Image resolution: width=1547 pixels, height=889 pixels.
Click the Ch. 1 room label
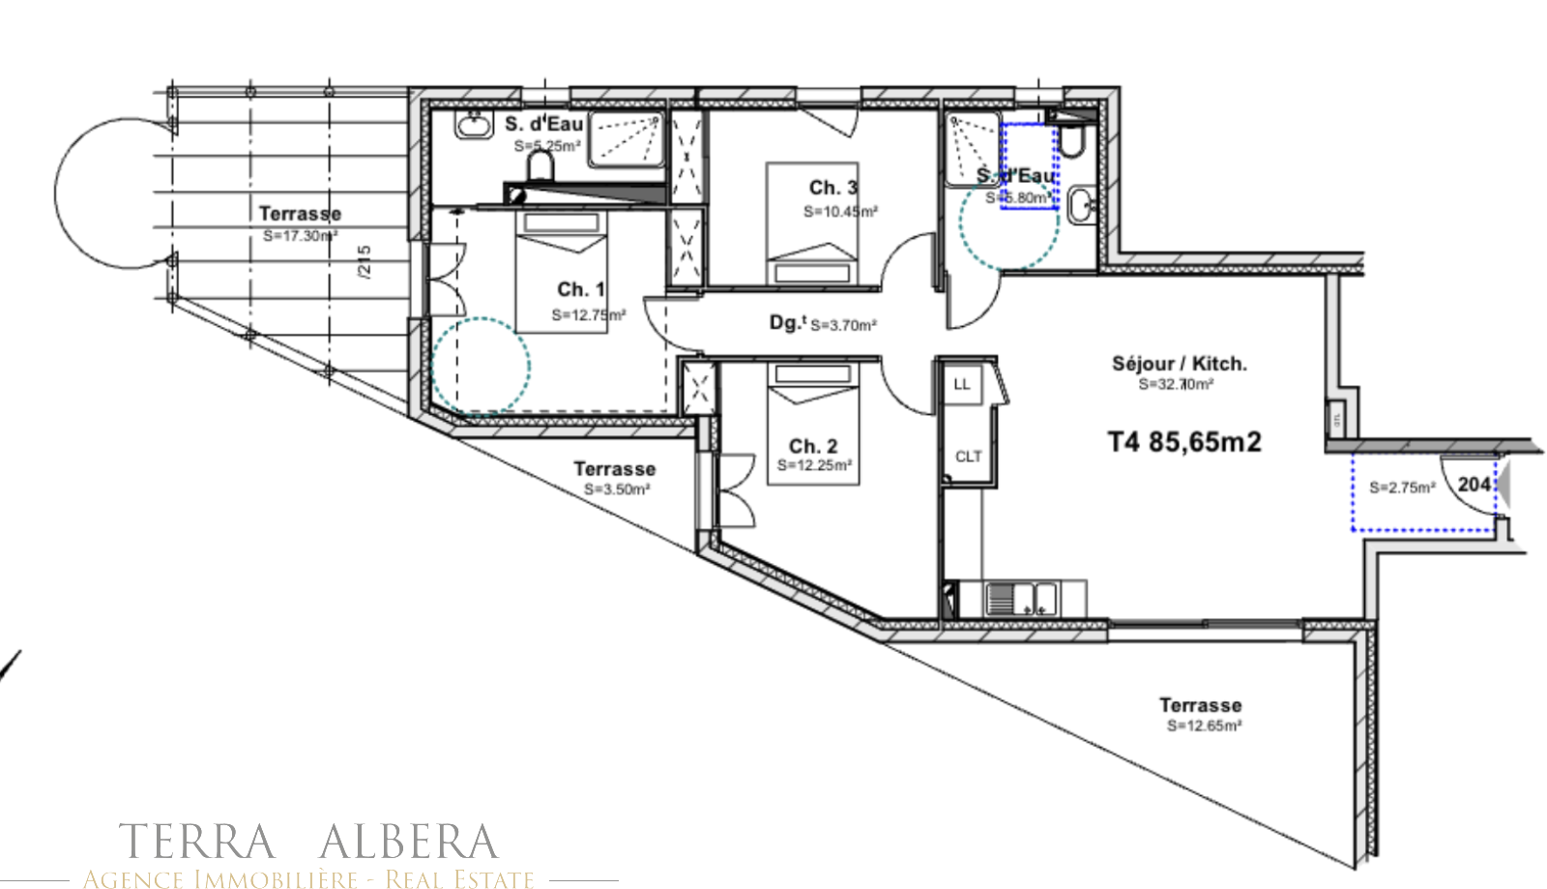click(580, 289)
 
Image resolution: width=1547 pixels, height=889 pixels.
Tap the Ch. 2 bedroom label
click(812, 446)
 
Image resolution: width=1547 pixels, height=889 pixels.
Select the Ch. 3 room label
click(832, 188)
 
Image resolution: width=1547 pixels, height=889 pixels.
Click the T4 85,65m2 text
click(1184, 442)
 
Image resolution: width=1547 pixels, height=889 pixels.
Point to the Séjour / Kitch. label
click(1179, 364)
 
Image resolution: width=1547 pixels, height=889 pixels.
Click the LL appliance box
click(961, 384)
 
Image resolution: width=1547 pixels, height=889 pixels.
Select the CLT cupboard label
click(968, 457)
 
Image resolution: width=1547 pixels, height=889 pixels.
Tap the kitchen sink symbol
click(1021, 599)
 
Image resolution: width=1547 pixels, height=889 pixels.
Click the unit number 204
click(1474, 484)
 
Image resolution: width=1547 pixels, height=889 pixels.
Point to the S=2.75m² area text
click(1401, 488)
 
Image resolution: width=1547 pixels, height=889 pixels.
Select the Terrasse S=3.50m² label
click(615, 478)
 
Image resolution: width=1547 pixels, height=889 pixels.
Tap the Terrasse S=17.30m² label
click(300, 222)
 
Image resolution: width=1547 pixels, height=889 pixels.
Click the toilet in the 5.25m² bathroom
click(540, 166)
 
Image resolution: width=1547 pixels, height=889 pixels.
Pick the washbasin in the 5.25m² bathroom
click(473, 124)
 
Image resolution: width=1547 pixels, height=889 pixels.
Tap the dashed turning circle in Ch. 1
click(481, 368)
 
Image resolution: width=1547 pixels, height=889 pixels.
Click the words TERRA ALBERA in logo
click(308, 842)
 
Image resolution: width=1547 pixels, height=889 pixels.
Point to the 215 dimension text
click(365, 262)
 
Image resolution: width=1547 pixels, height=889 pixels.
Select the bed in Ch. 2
click(813, 422)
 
